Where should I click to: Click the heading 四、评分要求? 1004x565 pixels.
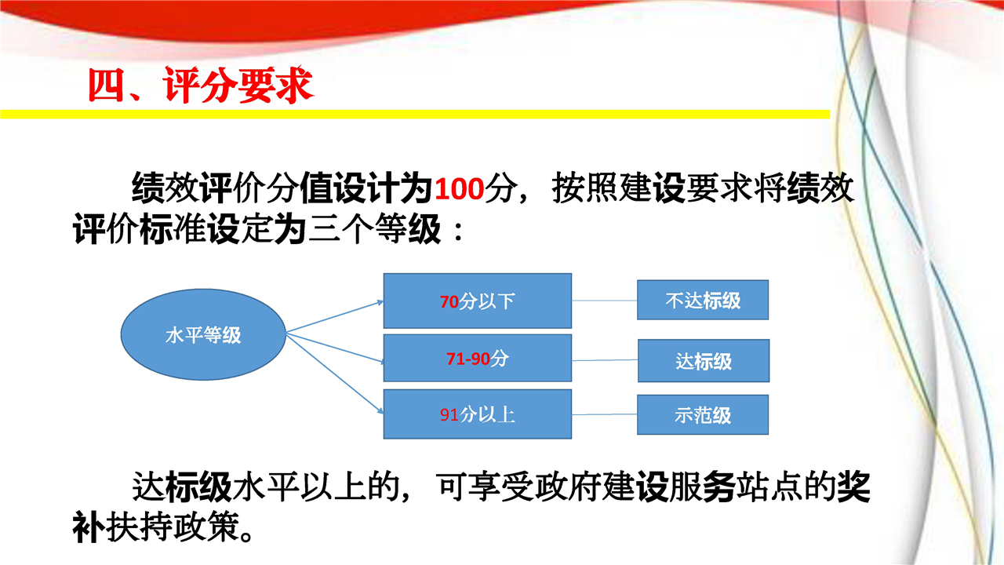click(200, 85)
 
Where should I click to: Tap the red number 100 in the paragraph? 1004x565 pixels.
click(460, 189)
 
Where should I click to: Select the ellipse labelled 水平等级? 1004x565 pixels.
click(203, 334)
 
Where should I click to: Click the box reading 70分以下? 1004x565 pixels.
click(478, 301)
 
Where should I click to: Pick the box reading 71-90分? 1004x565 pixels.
click(478, 358)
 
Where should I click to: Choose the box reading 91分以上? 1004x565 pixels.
click(478, 414)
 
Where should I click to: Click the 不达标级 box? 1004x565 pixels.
click(703, 300)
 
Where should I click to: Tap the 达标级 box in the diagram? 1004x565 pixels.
click(704, 360)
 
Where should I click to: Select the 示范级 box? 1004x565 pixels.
click(703, 415)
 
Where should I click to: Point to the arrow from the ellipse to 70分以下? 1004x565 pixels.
click(335, 317)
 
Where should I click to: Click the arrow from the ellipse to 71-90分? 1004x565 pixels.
click(335, 348)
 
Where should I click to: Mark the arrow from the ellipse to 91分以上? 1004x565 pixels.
click(335, 374)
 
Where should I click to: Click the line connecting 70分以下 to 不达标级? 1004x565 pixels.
click(605, 301)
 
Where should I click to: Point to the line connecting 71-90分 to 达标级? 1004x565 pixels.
click(605, 360)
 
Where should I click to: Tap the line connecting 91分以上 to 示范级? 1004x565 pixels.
click(605, 414)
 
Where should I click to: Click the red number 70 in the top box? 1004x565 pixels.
click(449, 301)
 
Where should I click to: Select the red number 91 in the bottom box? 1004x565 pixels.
click(449, 415)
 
